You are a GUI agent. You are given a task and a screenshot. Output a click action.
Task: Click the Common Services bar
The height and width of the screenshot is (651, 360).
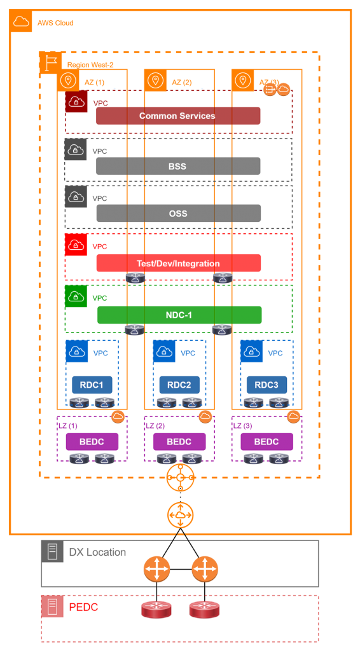pyautogui.click(x=178, y=116)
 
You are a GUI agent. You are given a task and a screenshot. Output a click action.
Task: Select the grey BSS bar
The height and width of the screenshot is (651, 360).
pyautogui.click(x=178, y=166)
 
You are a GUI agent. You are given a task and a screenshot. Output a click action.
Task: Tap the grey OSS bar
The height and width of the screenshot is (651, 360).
pyautogui.click(x=179, y=214)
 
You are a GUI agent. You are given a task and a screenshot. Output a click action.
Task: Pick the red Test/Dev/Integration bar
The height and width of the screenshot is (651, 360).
pyautogui.click(x=179, y=263)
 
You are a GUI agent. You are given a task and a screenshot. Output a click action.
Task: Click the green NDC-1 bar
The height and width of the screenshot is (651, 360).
pyautogui.click(x=179, y=315)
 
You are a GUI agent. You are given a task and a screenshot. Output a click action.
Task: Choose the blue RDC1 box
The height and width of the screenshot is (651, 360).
pyautogui.click(x=92, y=385)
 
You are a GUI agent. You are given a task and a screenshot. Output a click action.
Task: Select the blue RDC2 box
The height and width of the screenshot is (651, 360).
pyautogui.click(x=179, y=385)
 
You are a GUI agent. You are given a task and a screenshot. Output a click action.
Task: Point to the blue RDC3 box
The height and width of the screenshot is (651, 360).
pyautogui.click(x=267, y=385)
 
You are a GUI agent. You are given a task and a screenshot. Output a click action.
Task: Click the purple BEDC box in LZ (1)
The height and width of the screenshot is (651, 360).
pyautogui.click(x=92, y=442)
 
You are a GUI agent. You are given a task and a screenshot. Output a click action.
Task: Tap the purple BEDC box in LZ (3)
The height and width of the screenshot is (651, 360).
pyautogui.click(x=267, y=442)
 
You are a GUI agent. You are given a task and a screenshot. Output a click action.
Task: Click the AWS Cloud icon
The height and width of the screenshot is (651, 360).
pyautogui.click(x=21, y=21)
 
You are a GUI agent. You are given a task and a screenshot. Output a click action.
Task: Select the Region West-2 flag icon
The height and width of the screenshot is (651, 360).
pyautogui.click(x=51, y=63)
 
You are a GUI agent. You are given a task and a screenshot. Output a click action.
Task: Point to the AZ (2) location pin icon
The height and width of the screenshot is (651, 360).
pyautogui.click(x=155, y=80)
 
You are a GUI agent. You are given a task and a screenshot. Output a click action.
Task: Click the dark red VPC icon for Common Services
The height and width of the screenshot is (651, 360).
pyautogui.click(x=76, y=101)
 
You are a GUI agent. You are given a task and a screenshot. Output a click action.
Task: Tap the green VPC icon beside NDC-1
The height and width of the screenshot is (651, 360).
pyautogui.click(x=76, y=296)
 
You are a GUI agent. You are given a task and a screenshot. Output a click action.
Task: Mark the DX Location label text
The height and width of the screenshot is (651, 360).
pyautogui.click(x=97, y=552)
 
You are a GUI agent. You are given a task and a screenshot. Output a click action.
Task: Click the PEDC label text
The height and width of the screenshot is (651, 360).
pyautogui.click(x=83, y=607)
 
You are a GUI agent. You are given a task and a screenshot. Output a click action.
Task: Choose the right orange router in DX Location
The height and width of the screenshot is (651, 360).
pyautogui.click(x=205, y=569)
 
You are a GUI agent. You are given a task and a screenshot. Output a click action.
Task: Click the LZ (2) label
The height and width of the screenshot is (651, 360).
pyautogui.click(x=155, y=425)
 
